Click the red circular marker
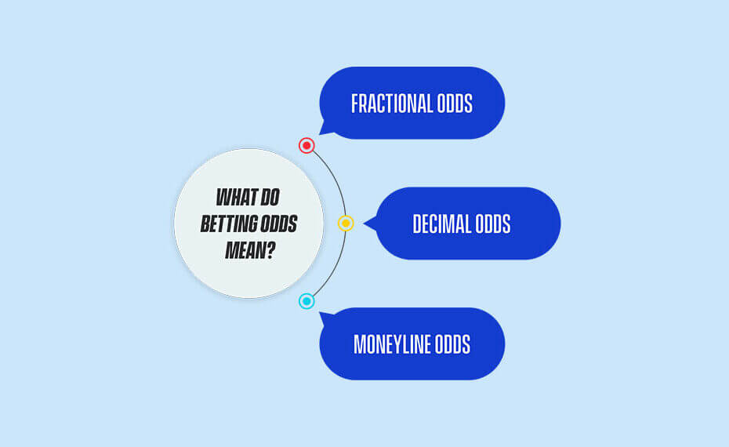[x=306, y=146]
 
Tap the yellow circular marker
[x=346, y=223]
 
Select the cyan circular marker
[x=306, y=301]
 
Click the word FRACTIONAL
[x=385, y=104]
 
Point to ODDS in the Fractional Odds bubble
[x=448, y=104]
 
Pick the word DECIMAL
[x=441, y=223]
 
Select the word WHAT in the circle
[x=236, y=197]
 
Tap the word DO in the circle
[x=270, y=197]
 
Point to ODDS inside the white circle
[x=278, y=223]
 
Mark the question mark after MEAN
[x=269, y=250]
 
